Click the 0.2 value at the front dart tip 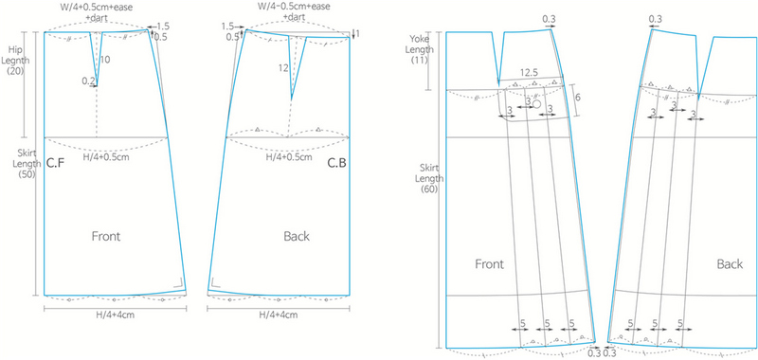(87, 81)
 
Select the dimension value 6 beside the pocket (577, 98)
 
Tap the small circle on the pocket (536, 105)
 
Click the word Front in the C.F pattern (105, 235)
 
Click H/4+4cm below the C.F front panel (117, 315)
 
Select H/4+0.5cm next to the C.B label (290, 156)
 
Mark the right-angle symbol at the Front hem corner (177, 281)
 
